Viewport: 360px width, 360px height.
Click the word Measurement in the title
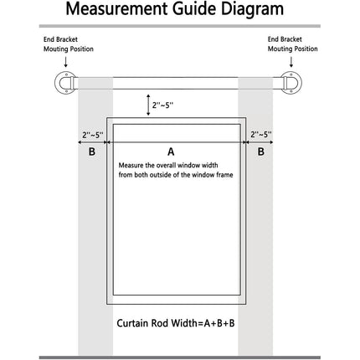[x=117, y=8]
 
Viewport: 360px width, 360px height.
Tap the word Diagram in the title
[x=252, y=9]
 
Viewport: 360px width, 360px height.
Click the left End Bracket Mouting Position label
[x=69, y=44]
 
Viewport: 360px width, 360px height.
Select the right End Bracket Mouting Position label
[x=293, y=44]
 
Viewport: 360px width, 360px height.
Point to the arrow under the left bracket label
[x=66, y=62]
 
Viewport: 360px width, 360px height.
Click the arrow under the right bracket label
[x=291, y=62]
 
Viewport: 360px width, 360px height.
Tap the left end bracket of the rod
[x=64, y=83]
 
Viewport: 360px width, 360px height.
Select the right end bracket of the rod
[x=291, y=83]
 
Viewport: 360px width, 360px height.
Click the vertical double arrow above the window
[x=148, y=105]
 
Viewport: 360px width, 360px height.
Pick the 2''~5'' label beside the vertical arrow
[x=162, y=105]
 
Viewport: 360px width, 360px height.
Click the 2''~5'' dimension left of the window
[x=93, y=135]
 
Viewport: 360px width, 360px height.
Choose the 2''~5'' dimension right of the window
[x=261, y=135]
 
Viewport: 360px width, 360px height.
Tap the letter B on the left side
[x=92, y=152]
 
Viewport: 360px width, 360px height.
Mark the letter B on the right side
[x=260, y=152]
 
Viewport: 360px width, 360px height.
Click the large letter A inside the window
[x=171, y=152]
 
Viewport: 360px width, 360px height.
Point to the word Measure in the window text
[x=131, y=165]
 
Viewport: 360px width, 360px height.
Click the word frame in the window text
[x=224, y=175]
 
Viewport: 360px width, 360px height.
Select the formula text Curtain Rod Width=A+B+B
[x=176, y=323]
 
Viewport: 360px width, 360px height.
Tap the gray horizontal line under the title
[x=180, y=26]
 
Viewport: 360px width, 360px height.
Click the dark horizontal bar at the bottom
[x=180, y=357]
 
